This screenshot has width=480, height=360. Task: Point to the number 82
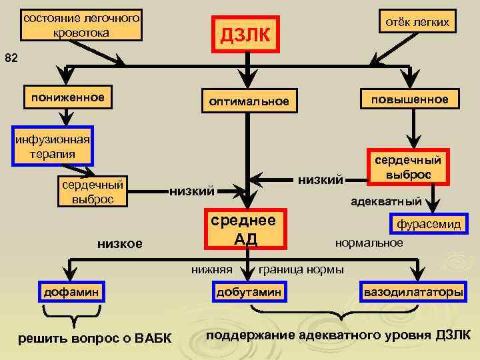pyautogui.click(x=11, y=58)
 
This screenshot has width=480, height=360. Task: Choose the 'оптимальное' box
pyautogui.click(x=249, y=101)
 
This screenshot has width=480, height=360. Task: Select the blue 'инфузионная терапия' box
pyautogui.click(x=51, y=146)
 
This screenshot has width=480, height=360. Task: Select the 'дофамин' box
pyautogui.click(x=71, y=292)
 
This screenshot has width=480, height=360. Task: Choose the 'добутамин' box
pyautogui.click(x=248, y=292)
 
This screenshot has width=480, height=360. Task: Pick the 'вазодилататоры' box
pyautogui.click(x=412, y=292)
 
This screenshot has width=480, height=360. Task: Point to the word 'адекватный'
pyautogui.click(x=386, y=200)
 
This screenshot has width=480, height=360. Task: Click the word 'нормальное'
pyautogui.click(x=369, y=242)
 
